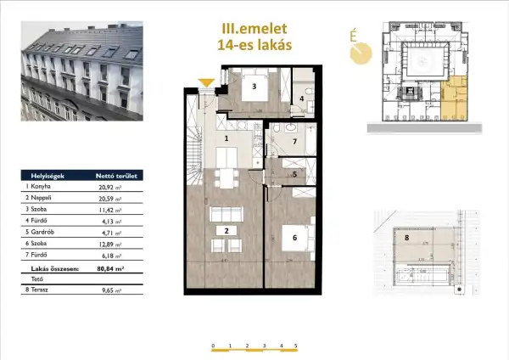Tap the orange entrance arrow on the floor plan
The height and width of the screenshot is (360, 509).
(204, 83)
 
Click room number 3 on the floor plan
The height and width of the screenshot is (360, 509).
(252, 87)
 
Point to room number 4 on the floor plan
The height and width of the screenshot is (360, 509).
(302, 99)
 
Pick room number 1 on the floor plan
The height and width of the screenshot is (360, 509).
(227, 138)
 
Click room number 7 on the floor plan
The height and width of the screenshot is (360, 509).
(294, 141)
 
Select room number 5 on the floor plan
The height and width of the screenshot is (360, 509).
(294, 175)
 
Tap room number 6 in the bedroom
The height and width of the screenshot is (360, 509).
(294, 238)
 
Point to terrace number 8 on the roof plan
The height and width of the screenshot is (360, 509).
(407, 238)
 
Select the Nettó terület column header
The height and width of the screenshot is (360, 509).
(111, 177)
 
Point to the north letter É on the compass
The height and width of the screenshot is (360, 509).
(352, 36)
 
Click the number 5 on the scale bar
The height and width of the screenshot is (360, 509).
(295, 347)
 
